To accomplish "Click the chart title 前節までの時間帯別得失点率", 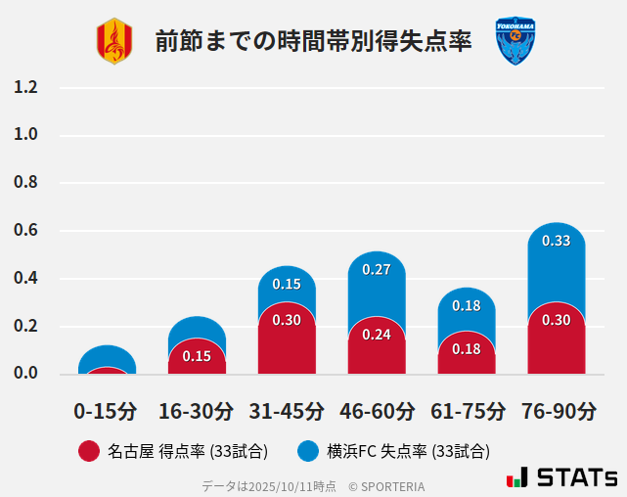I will coord(313,41).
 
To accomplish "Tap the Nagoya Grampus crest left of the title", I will coord(113,41).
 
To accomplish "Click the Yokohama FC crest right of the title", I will coord(515,41).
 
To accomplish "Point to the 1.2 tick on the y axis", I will coord(25,88).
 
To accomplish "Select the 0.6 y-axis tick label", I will coord(25,231).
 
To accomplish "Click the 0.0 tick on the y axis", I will coord(25,374).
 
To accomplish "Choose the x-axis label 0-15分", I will coord(106,411).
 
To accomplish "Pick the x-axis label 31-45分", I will coord(286,411).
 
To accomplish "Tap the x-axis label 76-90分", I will coord(556,411).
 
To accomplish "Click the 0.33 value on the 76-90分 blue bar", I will coord(556,241).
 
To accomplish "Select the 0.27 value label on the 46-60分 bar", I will coord(377,269).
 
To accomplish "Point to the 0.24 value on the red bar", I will coord(377,335).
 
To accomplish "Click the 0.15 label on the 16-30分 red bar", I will coord(197,356).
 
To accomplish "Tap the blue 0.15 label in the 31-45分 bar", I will coord(287,284).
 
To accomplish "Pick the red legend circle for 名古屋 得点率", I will coord(88,451).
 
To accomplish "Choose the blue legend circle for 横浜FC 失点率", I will coord(309,451).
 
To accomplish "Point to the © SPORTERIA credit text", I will coord(386,486).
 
